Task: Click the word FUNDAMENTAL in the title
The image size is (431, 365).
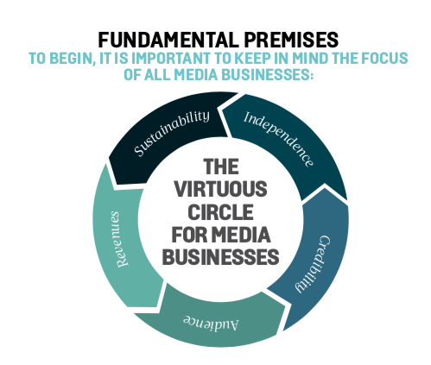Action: click(x=168, y=40)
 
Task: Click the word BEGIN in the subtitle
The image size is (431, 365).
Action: click(x=73, y=59)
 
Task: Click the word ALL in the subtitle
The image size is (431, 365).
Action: click(x=156, y=75)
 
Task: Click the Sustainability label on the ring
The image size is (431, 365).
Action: click(x=172, y=133)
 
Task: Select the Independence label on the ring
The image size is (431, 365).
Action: click(x=279, y=139)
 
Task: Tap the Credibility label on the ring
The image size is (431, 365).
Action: click(x=314, y=264)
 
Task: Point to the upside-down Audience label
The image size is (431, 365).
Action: click(x=211, y=324)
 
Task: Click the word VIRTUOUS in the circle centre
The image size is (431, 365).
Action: click(x=221, y=189)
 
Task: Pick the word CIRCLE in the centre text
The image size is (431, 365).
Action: click(x=221, y=211)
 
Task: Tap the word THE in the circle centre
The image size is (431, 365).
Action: click(x=221, y=167)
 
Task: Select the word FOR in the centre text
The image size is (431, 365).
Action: click(x=189, y=235)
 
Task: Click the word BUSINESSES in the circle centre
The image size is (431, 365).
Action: click(x=221, y=256)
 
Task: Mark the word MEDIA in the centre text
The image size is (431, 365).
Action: click(x=242, y=235)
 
